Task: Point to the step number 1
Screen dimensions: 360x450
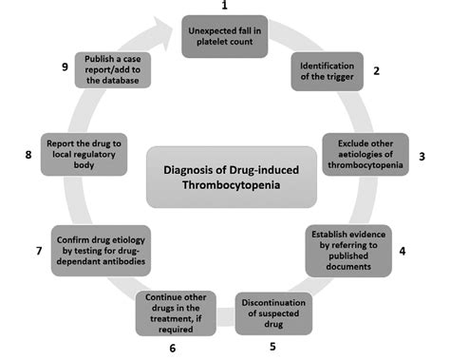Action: [x=226, y=8]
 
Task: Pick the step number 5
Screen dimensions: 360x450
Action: [x=273, y=347]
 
